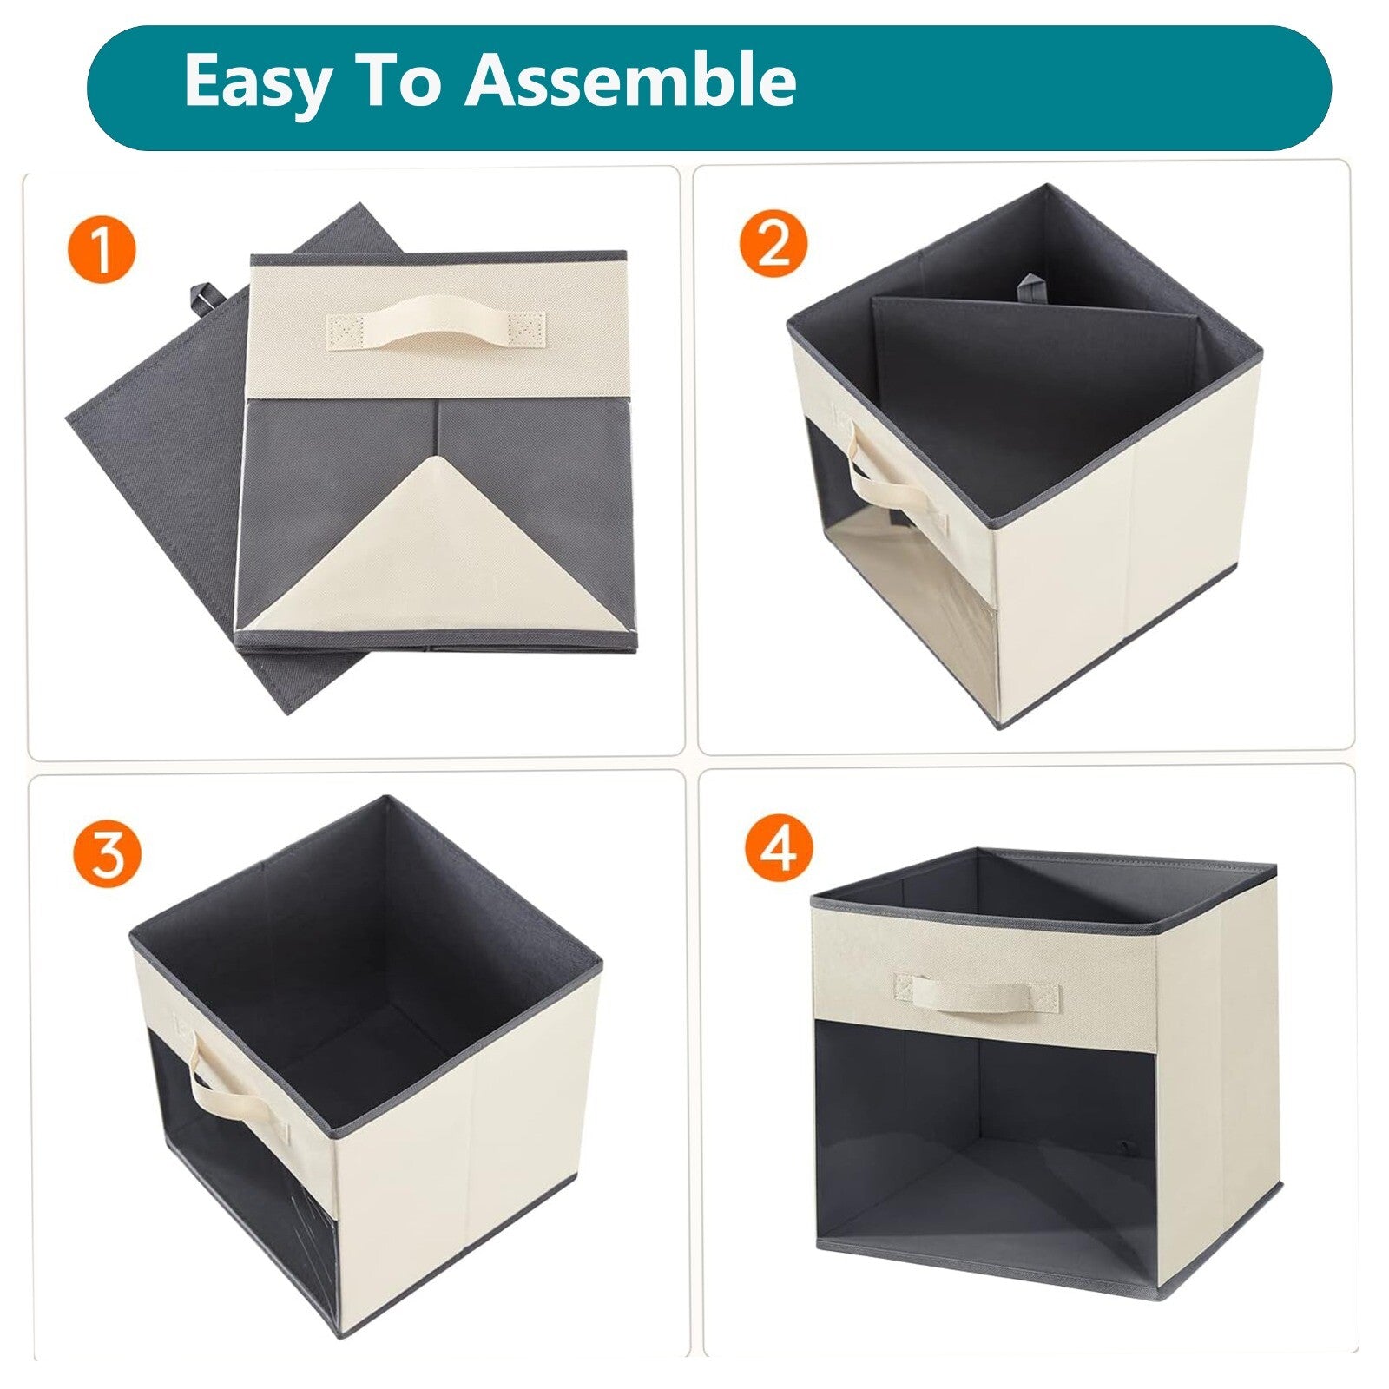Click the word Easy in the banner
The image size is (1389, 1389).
point(258,81)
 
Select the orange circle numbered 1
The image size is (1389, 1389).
point(102,251)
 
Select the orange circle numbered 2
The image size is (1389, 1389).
point(773,243)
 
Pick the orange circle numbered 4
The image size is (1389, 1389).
point(779,847)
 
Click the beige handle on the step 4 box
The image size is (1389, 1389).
point(978,991)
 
